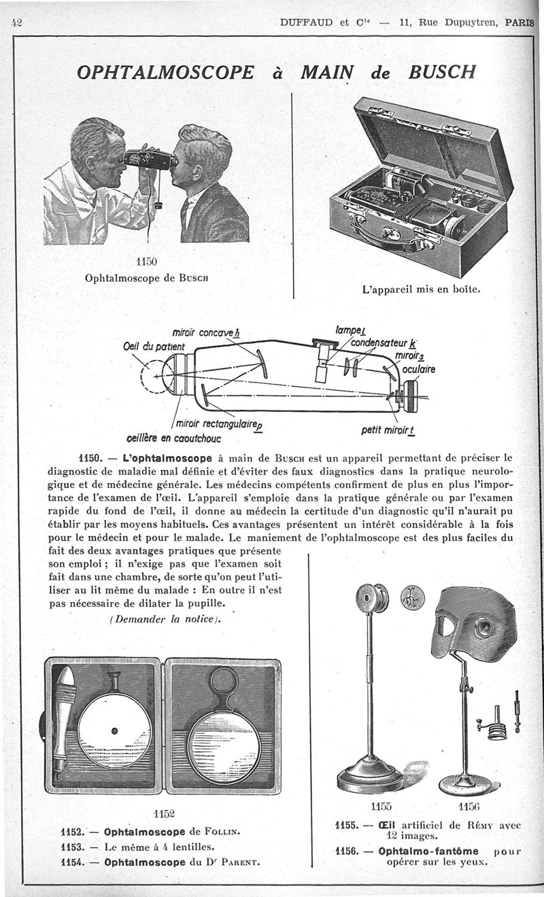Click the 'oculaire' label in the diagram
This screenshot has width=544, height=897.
pyautogui.click(x=419, y=370)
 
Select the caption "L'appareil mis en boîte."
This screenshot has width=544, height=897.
pyautogui.click(x=422, y=289)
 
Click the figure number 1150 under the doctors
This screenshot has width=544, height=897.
pyautogui.click(x=146, y=262)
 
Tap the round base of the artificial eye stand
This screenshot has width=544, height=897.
pyautogui.click(x=371, y=776)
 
